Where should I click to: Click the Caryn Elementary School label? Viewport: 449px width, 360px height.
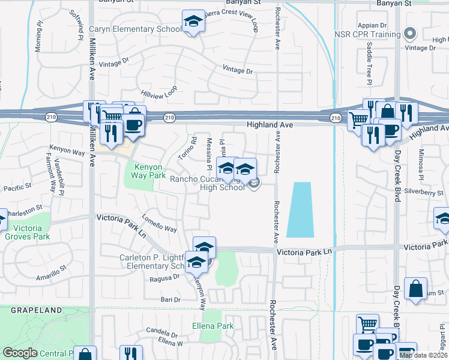point(135,29)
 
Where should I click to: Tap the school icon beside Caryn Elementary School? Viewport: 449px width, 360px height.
point(194,23)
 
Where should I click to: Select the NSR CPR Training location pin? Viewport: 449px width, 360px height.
point(411,34)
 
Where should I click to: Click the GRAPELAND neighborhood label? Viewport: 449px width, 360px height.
point(36,310)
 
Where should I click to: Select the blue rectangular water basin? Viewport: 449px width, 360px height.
point(299,209)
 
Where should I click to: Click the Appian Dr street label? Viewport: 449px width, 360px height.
point(372,25)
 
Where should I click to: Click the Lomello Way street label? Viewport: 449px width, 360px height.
point(159,223)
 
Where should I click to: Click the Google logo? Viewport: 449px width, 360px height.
point(20,353)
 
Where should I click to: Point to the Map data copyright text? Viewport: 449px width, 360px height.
point(423,355)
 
